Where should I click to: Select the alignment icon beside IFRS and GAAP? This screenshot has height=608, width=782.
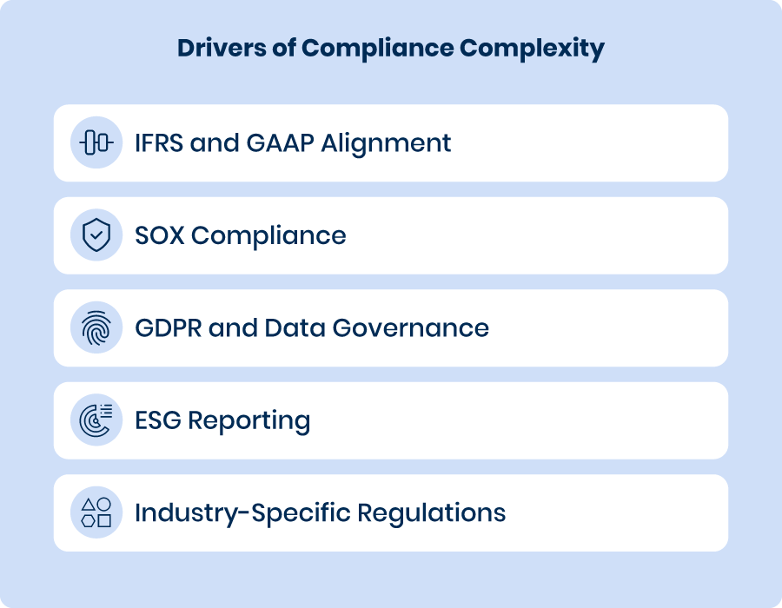96,142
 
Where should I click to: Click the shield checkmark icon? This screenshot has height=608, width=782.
96,235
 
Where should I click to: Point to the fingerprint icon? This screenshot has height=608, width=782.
96,327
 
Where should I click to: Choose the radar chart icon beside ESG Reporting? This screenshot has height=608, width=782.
96,420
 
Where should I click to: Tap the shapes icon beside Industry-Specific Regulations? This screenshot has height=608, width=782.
96,512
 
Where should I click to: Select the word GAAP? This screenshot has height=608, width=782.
281,143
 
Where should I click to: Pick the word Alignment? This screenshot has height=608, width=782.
386,144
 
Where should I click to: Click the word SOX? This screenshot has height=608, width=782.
160,235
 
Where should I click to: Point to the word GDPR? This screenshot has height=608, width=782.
168,328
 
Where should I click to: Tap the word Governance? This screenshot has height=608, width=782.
410,328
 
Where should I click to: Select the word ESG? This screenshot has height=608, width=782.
158,420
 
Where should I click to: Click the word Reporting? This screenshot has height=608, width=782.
249,421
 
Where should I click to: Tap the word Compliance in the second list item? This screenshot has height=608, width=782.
268,236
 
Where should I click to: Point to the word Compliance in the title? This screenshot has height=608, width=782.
378,49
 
